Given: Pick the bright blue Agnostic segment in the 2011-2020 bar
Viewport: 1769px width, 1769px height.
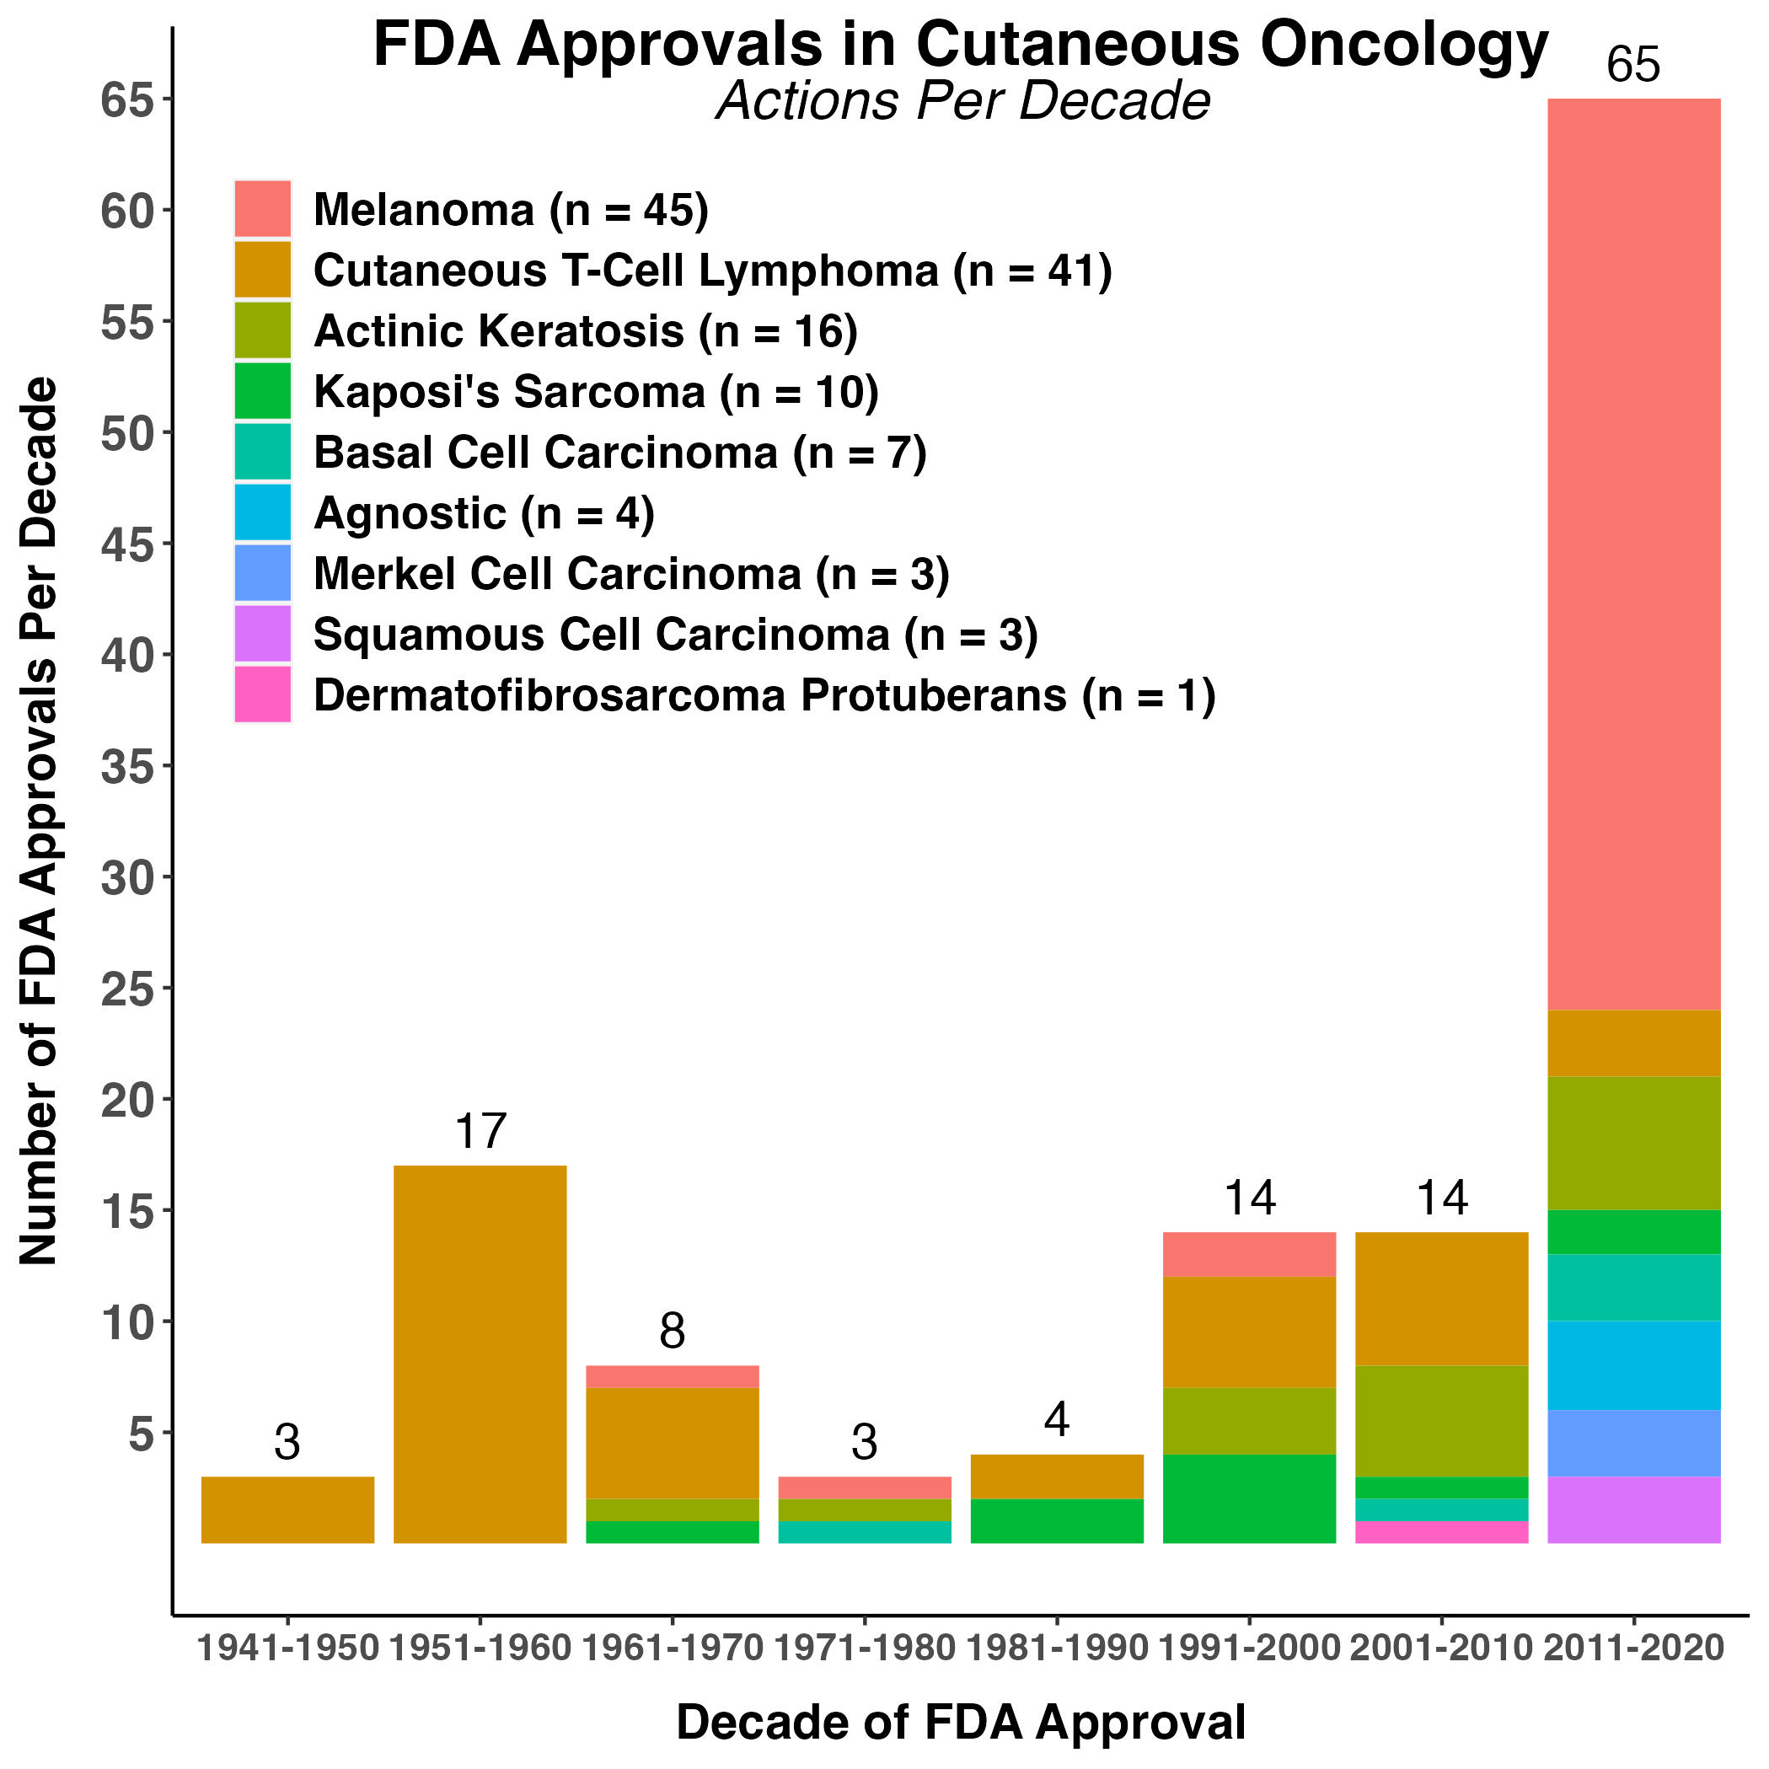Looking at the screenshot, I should (1633, 1365).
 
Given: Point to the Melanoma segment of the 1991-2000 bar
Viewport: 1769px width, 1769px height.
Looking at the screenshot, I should (1249, 1254).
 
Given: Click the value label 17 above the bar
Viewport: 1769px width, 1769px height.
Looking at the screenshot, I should (480, 1132).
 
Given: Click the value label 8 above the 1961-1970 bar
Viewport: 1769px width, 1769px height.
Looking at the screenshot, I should (672, 1332).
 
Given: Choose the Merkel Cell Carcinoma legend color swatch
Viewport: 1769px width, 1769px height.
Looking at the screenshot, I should (263, 573).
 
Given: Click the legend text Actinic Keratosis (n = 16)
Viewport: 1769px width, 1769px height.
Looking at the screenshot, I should (585, 331).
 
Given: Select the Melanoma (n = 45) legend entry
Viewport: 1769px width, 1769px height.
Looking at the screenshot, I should (510, 210).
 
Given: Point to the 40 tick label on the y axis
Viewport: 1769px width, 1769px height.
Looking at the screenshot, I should (126, 656).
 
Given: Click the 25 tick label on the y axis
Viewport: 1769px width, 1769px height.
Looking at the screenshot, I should (126, 989).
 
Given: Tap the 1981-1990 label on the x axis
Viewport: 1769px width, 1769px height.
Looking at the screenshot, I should (1057, 1648).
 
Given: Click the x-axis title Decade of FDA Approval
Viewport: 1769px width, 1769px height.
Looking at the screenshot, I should (961, 1723).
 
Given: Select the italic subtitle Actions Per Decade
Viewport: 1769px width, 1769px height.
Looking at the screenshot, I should (963, 101).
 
